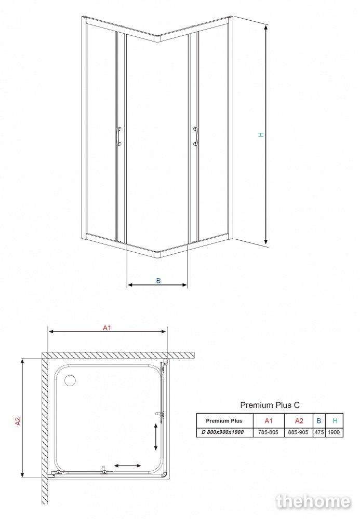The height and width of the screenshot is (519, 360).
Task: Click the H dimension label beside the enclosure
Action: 261,134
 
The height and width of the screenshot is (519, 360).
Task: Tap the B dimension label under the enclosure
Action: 158,281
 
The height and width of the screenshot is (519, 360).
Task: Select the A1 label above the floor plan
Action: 106,328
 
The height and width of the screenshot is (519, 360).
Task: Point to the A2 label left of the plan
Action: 18,421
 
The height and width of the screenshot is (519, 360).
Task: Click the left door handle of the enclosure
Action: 119,136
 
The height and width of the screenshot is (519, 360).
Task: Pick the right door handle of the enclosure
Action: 195,136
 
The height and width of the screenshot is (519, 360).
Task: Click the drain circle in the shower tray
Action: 70,380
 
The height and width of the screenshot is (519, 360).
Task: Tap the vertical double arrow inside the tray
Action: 156,437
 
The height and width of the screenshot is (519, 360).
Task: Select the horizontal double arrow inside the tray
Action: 127,466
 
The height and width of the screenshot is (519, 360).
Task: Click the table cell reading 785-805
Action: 268,432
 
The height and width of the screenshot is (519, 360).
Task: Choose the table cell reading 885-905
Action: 298,432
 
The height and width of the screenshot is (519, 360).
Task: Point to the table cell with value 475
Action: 319,432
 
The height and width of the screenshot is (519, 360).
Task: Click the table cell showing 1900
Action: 334,432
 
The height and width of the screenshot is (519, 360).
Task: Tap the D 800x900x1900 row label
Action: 222,432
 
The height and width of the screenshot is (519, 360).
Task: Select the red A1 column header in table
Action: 269,421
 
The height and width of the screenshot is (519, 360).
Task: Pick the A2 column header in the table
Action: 299,421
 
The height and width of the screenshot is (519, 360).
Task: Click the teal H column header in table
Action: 335,421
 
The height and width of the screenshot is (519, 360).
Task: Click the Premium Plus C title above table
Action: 270,405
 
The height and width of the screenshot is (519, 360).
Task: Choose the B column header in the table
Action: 319,421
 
